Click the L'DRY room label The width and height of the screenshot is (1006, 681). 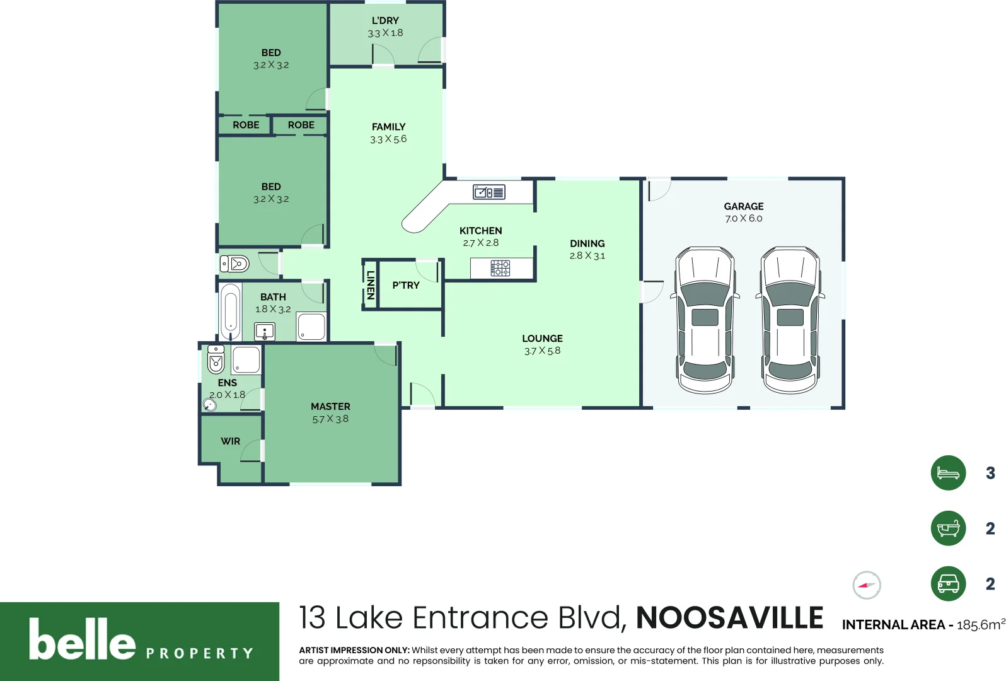click(x=385, y=20)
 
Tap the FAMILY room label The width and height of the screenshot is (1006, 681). click(x=388, y=127)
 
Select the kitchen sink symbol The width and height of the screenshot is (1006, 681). click(x=489, y=192)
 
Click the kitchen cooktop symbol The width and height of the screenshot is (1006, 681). click(x=500, y=269)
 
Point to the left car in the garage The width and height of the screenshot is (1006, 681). click(x=705, y=320)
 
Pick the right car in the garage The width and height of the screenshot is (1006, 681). click(x=790, y=320)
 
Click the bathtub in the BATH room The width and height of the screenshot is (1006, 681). click(x=230, y=312)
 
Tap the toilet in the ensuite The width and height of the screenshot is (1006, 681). click(x=216, y=359)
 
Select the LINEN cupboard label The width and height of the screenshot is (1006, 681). click(x=371, y=285)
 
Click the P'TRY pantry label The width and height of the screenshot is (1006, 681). click(x=406, y=286)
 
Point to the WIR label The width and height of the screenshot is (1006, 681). click(x=230, y=441)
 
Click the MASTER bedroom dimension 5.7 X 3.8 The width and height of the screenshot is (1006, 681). click(x=330, y=419)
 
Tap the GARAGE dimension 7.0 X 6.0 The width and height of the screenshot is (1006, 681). click(x=743, y=219)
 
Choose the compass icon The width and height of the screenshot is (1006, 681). click(x=867, y=585)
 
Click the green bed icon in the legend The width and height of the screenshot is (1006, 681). click(x=948, y=473)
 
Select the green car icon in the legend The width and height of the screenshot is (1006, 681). click(x=948, y=584)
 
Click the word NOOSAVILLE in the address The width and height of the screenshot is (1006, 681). click(x=729, y=618)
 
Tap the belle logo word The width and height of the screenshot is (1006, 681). click(x=83, y=640)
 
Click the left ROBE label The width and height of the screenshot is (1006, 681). click(x=246, y=125)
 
